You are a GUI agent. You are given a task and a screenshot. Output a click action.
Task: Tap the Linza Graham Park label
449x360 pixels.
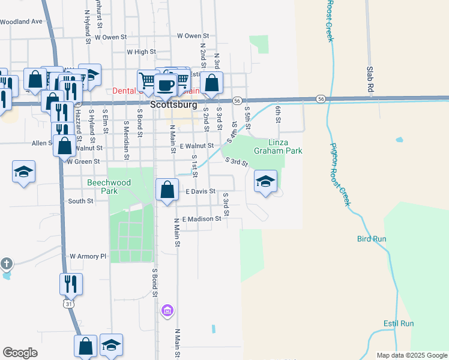(277, 147)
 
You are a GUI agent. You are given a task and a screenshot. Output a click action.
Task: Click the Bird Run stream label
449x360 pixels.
(372, 239)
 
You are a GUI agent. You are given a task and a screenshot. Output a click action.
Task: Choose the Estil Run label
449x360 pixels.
(399, 323)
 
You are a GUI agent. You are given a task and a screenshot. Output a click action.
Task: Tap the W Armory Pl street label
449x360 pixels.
(88, 256)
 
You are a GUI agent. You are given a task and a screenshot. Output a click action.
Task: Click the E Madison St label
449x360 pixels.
(201, 219)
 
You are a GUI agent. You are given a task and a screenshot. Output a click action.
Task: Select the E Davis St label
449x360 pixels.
(200, 191)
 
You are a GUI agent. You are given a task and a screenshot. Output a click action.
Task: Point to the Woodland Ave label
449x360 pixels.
(22, 22)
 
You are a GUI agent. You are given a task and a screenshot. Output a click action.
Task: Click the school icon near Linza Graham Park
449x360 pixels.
(265, 182)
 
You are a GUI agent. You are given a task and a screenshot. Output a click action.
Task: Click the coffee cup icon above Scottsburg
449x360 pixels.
(165, 85)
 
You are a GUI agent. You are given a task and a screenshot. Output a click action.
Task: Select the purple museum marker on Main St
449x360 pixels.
(167, 310)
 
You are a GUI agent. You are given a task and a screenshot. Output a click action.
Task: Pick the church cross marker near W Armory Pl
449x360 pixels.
(7, 263)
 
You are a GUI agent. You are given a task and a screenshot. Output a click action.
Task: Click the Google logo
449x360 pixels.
(20, 353)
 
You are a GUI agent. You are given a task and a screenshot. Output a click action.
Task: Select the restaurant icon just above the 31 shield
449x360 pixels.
(71, 284)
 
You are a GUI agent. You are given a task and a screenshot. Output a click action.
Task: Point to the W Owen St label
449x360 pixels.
(110, 37)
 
